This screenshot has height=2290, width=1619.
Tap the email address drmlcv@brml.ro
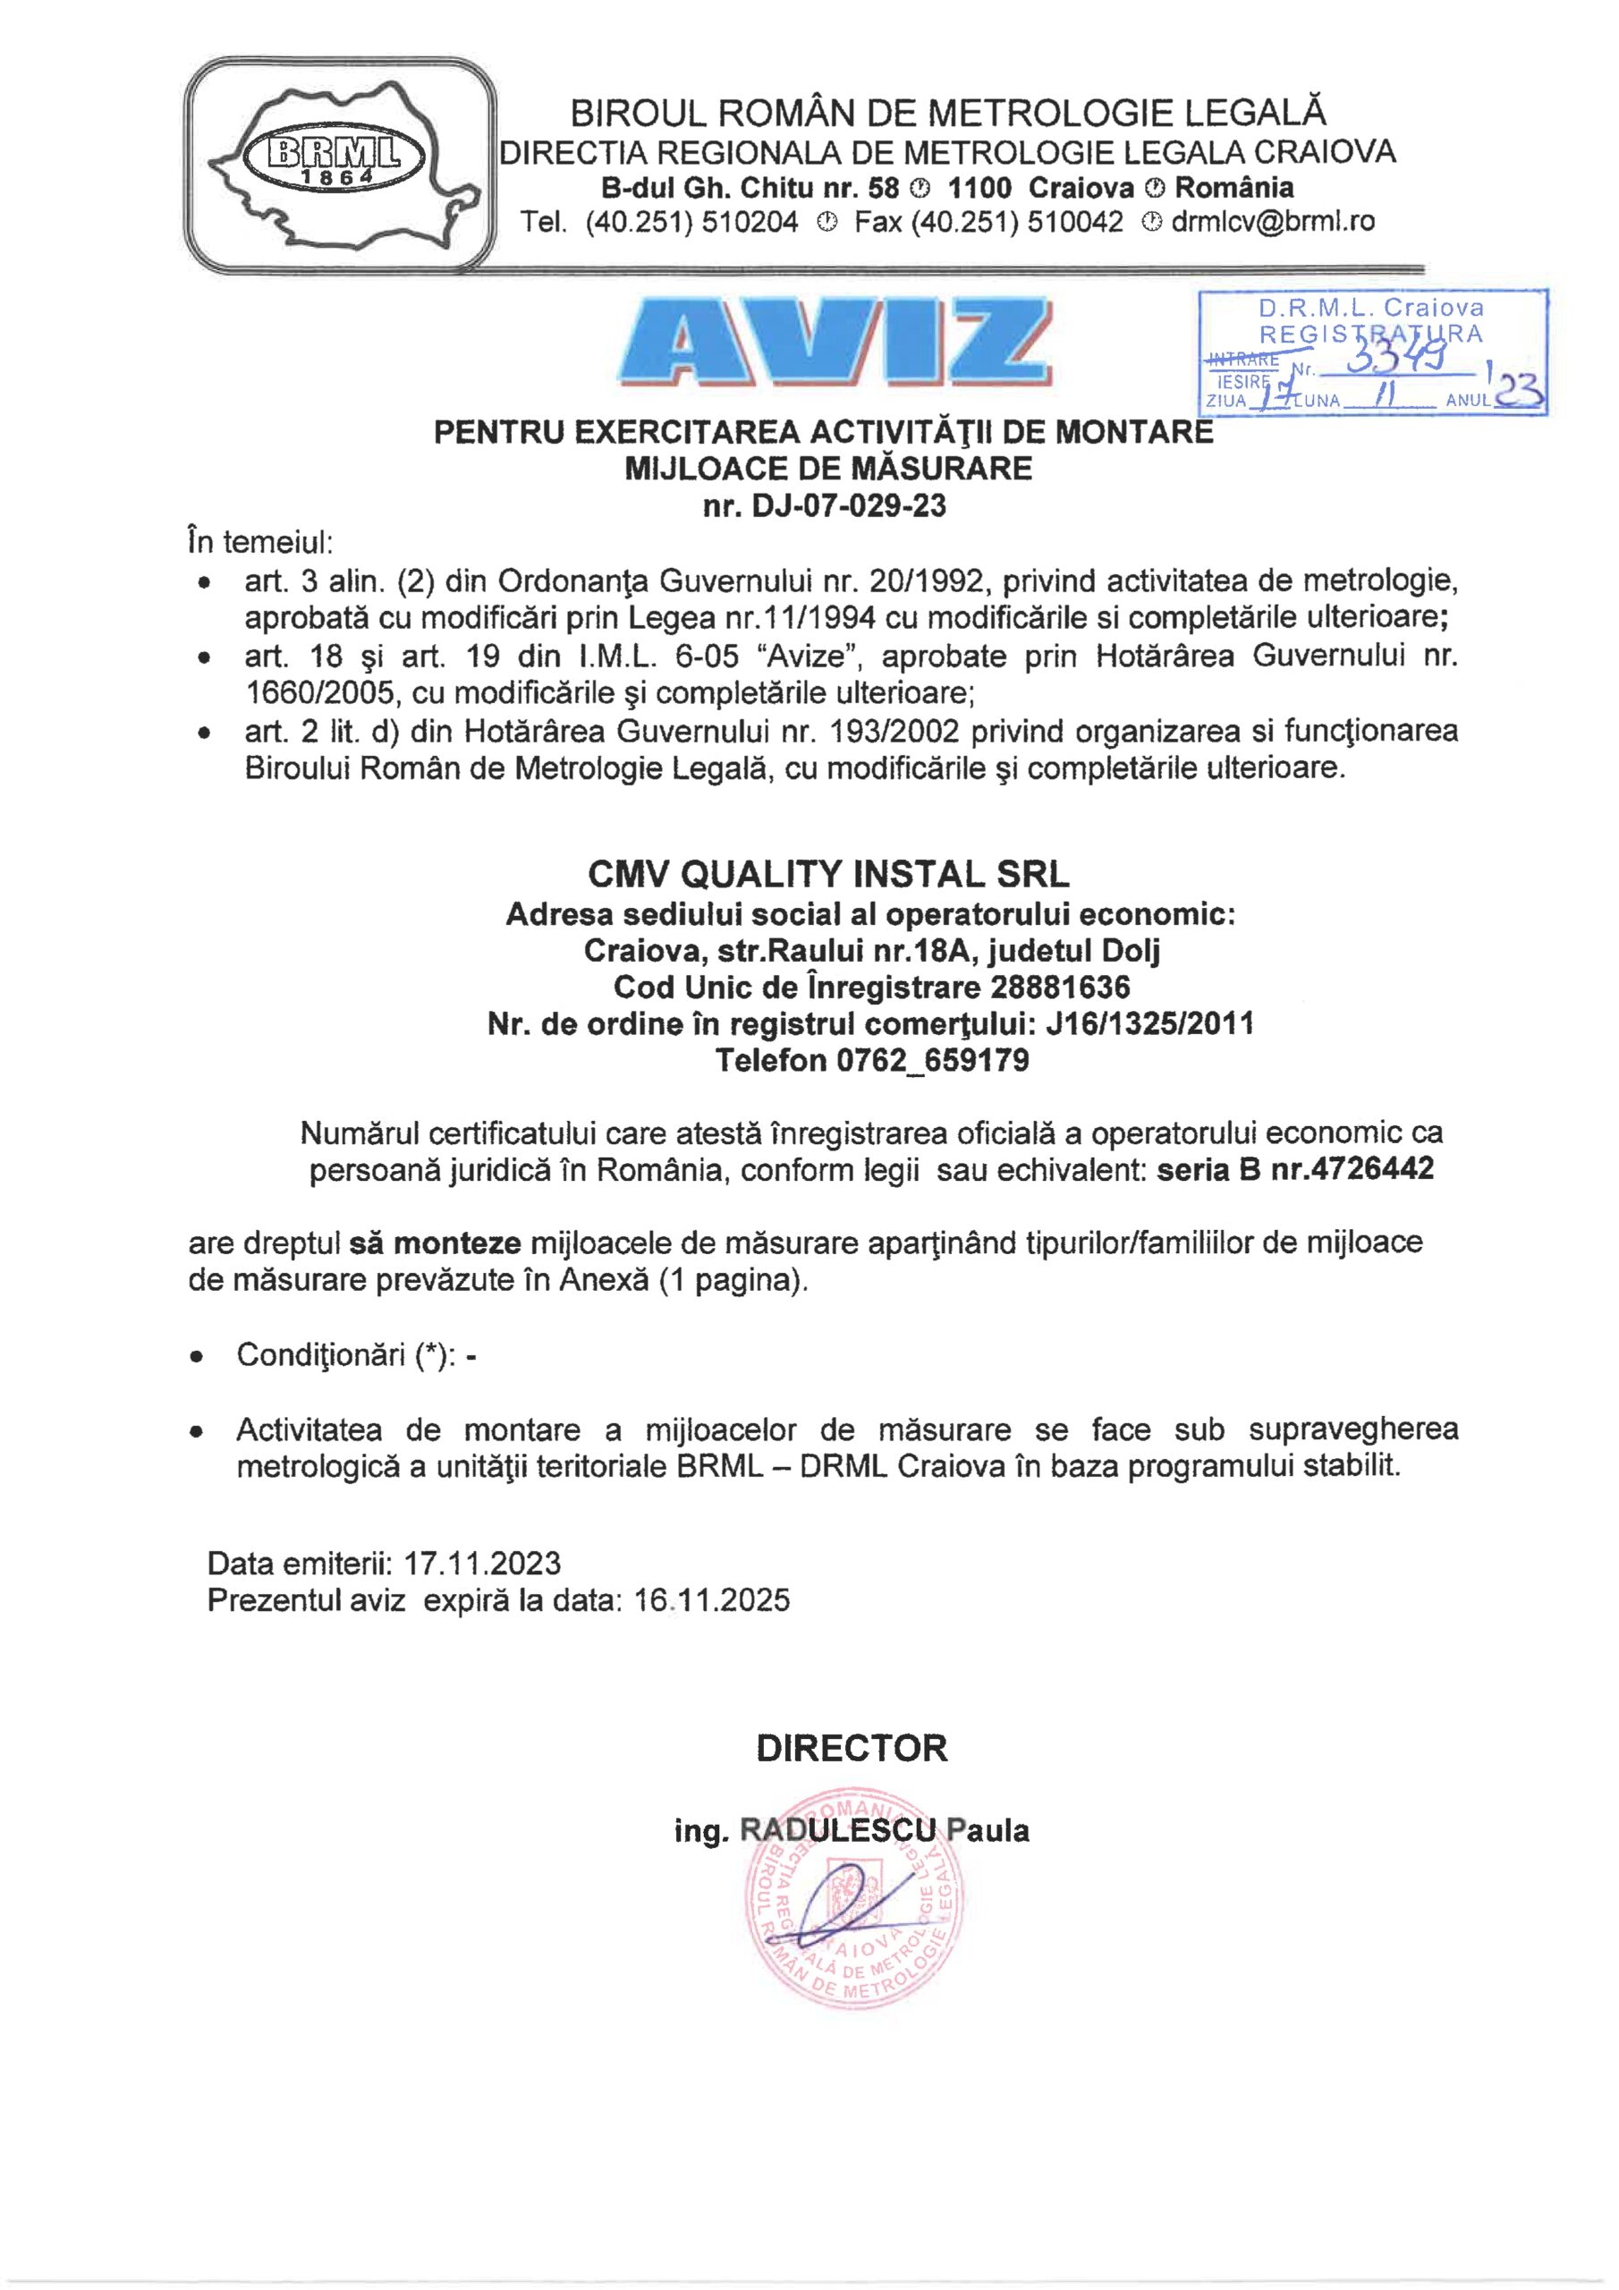point(1273,223)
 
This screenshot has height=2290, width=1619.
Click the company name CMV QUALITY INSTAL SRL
point(828,874)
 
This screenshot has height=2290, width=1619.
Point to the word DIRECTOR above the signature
point(851,1749)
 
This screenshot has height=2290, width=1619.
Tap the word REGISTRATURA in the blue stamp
point(1371,335)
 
